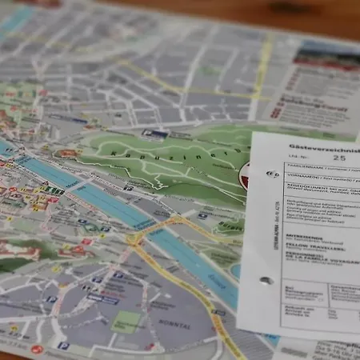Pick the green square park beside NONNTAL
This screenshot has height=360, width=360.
(126, 322)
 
